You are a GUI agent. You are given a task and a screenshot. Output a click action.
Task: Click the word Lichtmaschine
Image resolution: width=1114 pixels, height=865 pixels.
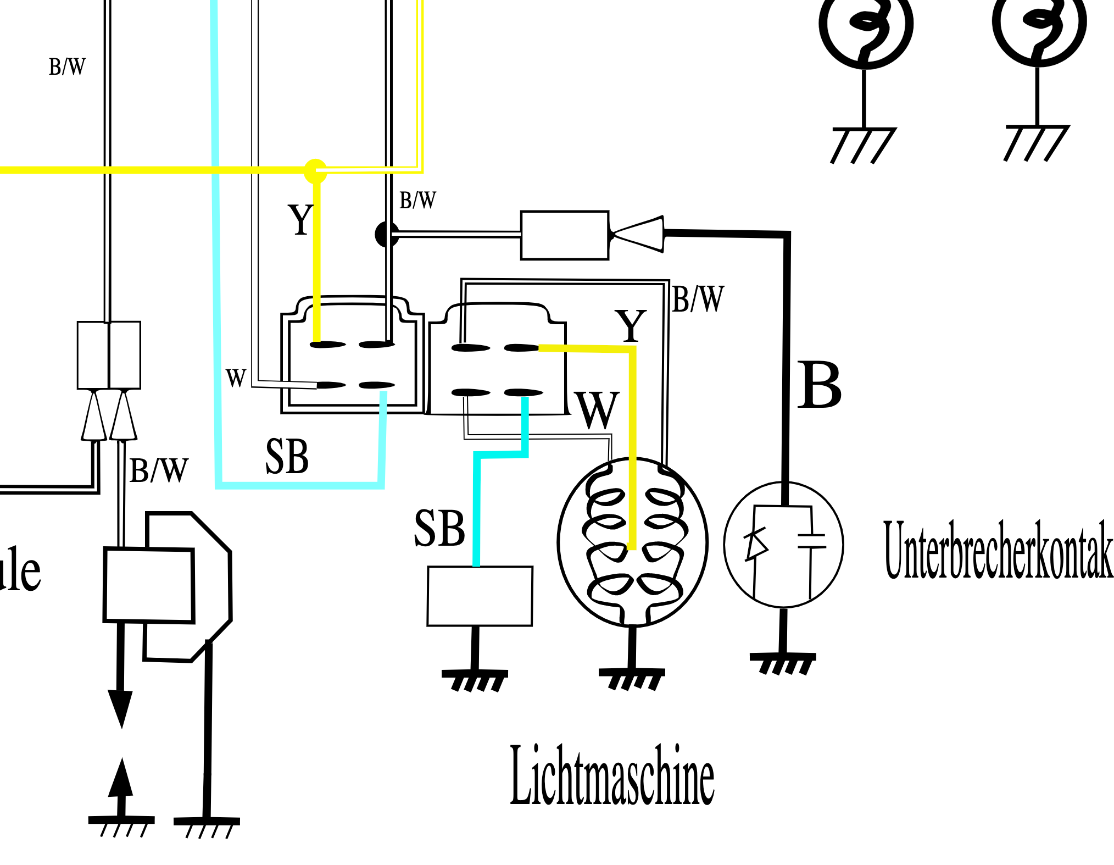click(612, 776)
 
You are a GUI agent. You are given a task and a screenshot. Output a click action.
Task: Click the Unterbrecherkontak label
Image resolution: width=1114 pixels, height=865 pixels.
click(998, 550)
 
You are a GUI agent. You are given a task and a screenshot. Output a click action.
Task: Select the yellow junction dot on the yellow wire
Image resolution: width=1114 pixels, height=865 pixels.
click(315, 171)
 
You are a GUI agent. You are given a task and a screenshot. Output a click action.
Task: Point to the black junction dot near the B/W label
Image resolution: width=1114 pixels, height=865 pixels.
click(387, 234)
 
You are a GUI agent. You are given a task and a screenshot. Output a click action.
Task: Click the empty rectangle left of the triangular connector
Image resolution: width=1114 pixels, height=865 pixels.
click(564, 235)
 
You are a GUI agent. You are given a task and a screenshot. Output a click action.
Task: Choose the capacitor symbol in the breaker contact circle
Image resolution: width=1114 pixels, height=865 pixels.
click(811, 541)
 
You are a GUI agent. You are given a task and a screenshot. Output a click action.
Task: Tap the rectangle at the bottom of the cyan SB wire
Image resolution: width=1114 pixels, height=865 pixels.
click(480, 596)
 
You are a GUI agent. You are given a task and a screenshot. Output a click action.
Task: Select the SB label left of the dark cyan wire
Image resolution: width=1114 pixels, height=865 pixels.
click(439, 528)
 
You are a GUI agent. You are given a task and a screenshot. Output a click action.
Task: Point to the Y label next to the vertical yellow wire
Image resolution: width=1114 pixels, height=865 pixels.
click(300, 220)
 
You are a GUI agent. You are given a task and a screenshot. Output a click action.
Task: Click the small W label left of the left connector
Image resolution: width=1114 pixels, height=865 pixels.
click(236, 378)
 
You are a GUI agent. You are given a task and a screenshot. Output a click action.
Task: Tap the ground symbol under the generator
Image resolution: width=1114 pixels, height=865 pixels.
click(632, 678)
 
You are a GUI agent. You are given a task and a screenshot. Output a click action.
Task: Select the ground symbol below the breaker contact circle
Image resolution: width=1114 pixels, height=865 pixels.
click(783, 663)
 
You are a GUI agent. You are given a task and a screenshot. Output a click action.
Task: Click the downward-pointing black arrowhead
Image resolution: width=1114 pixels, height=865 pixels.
click(120, 708)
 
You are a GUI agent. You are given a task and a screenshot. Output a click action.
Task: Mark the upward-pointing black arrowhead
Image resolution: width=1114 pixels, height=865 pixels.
click(121, 778)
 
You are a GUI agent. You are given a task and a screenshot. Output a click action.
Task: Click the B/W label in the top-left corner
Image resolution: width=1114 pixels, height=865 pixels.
click(67, 67)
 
